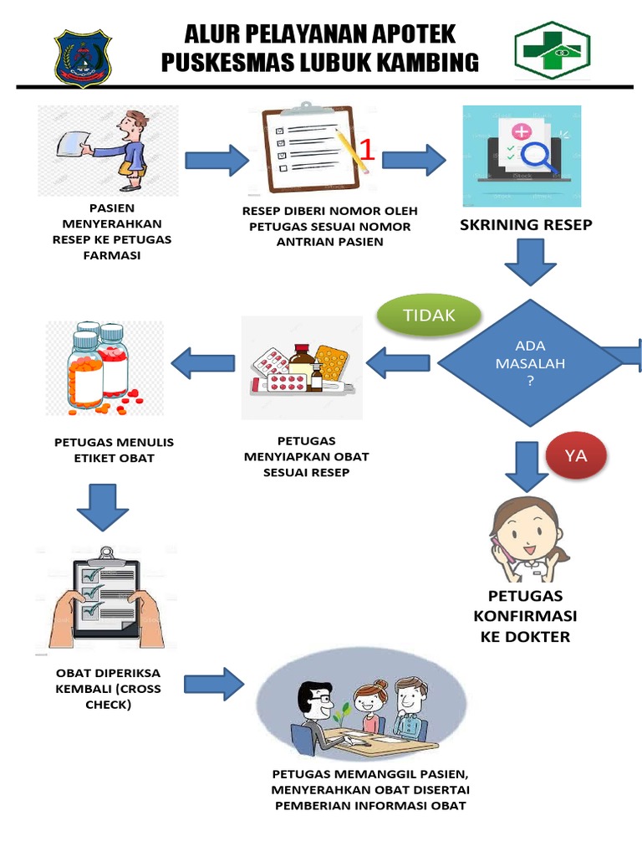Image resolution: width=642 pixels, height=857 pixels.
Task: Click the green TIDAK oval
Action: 430,316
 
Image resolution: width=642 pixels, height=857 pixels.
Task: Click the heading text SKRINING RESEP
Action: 524,226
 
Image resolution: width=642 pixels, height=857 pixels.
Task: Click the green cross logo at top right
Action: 552,51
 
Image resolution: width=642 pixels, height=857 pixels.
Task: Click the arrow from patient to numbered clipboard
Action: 217,160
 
